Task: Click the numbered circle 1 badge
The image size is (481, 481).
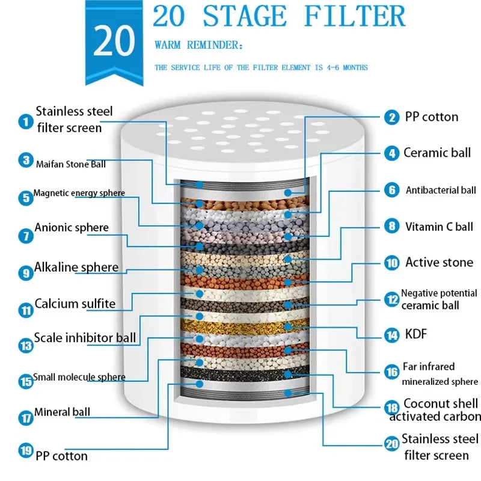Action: pyautogui.click(x=25, y=122)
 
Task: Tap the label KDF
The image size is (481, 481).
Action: pyautogui.click(x=415, y=334)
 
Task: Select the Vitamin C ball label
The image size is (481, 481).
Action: pyautogui.click(x=439, y=227)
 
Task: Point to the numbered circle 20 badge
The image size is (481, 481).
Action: pyautogui.click(x=392, y=444)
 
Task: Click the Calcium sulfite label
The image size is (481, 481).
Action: pyautogui.click(x=75, y=304)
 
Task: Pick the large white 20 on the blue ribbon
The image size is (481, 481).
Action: pyautogui.click(x=114, y=41)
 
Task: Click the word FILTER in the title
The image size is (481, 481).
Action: pyautogui.click(x=354, y=16)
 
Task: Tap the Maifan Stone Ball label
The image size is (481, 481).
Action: pyautogui.click(x=70, y=164)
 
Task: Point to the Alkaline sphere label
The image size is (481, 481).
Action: pyautogui.click(x=76, y=267)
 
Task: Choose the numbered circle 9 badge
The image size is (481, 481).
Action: pyautogui.click(x=25, y=273)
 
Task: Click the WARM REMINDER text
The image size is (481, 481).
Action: pyautogui.click(x=190, y=45)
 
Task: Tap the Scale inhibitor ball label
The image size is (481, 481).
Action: pyautogui.click(x=85, y=337)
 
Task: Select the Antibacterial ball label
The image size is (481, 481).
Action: pyautogui.click(x=441, y=191)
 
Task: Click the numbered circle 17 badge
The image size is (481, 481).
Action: pyautogui.click(x=25, y=417)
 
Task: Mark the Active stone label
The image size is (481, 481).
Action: pyautogui.click(x=439, y=262)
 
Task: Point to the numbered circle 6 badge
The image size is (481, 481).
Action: pyautogui.click(x=392, y=190)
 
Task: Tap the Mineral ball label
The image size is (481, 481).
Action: pyautogui.click(x=62, y=412)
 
